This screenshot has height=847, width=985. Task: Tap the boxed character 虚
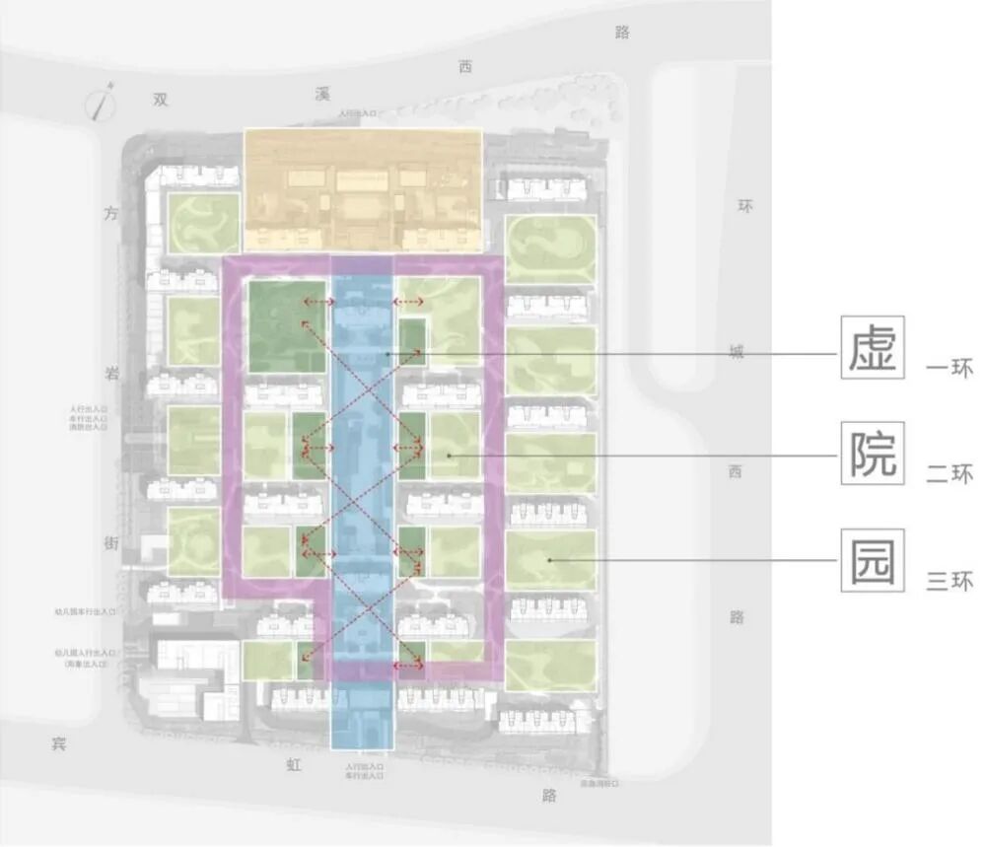[x=873, y=346]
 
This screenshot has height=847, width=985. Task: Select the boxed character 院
[x=873, y=454]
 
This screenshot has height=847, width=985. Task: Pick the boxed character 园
[x=873, y=560]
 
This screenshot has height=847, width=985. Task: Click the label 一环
[x=950, y=370]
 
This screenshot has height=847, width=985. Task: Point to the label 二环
[x=950, y=475]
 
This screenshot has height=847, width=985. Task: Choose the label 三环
[x=950, y=582]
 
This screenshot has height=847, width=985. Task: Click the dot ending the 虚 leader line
[x=390, y=353]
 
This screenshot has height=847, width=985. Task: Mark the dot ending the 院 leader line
[x=447, y=455]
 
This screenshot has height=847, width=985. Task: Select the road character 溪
[x=321, y=94]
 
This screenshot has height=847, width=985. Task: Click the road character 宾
[x=58, y=743]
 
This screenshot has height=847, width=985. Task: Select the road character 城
[x=737, y=352]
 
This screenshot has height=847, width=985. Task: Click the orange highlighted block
[x=362, y=188]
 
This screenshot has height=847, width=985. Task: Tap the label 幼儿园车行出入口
[x=87, y=612]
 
